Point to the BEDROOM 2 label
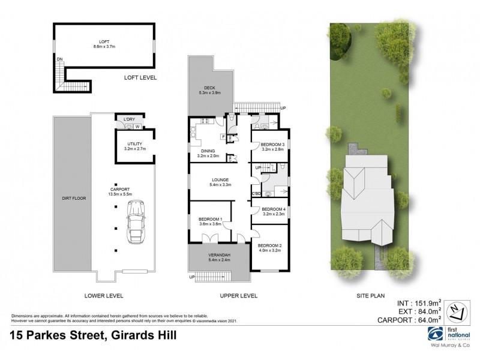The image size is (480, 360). click(x=269, y=245)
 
